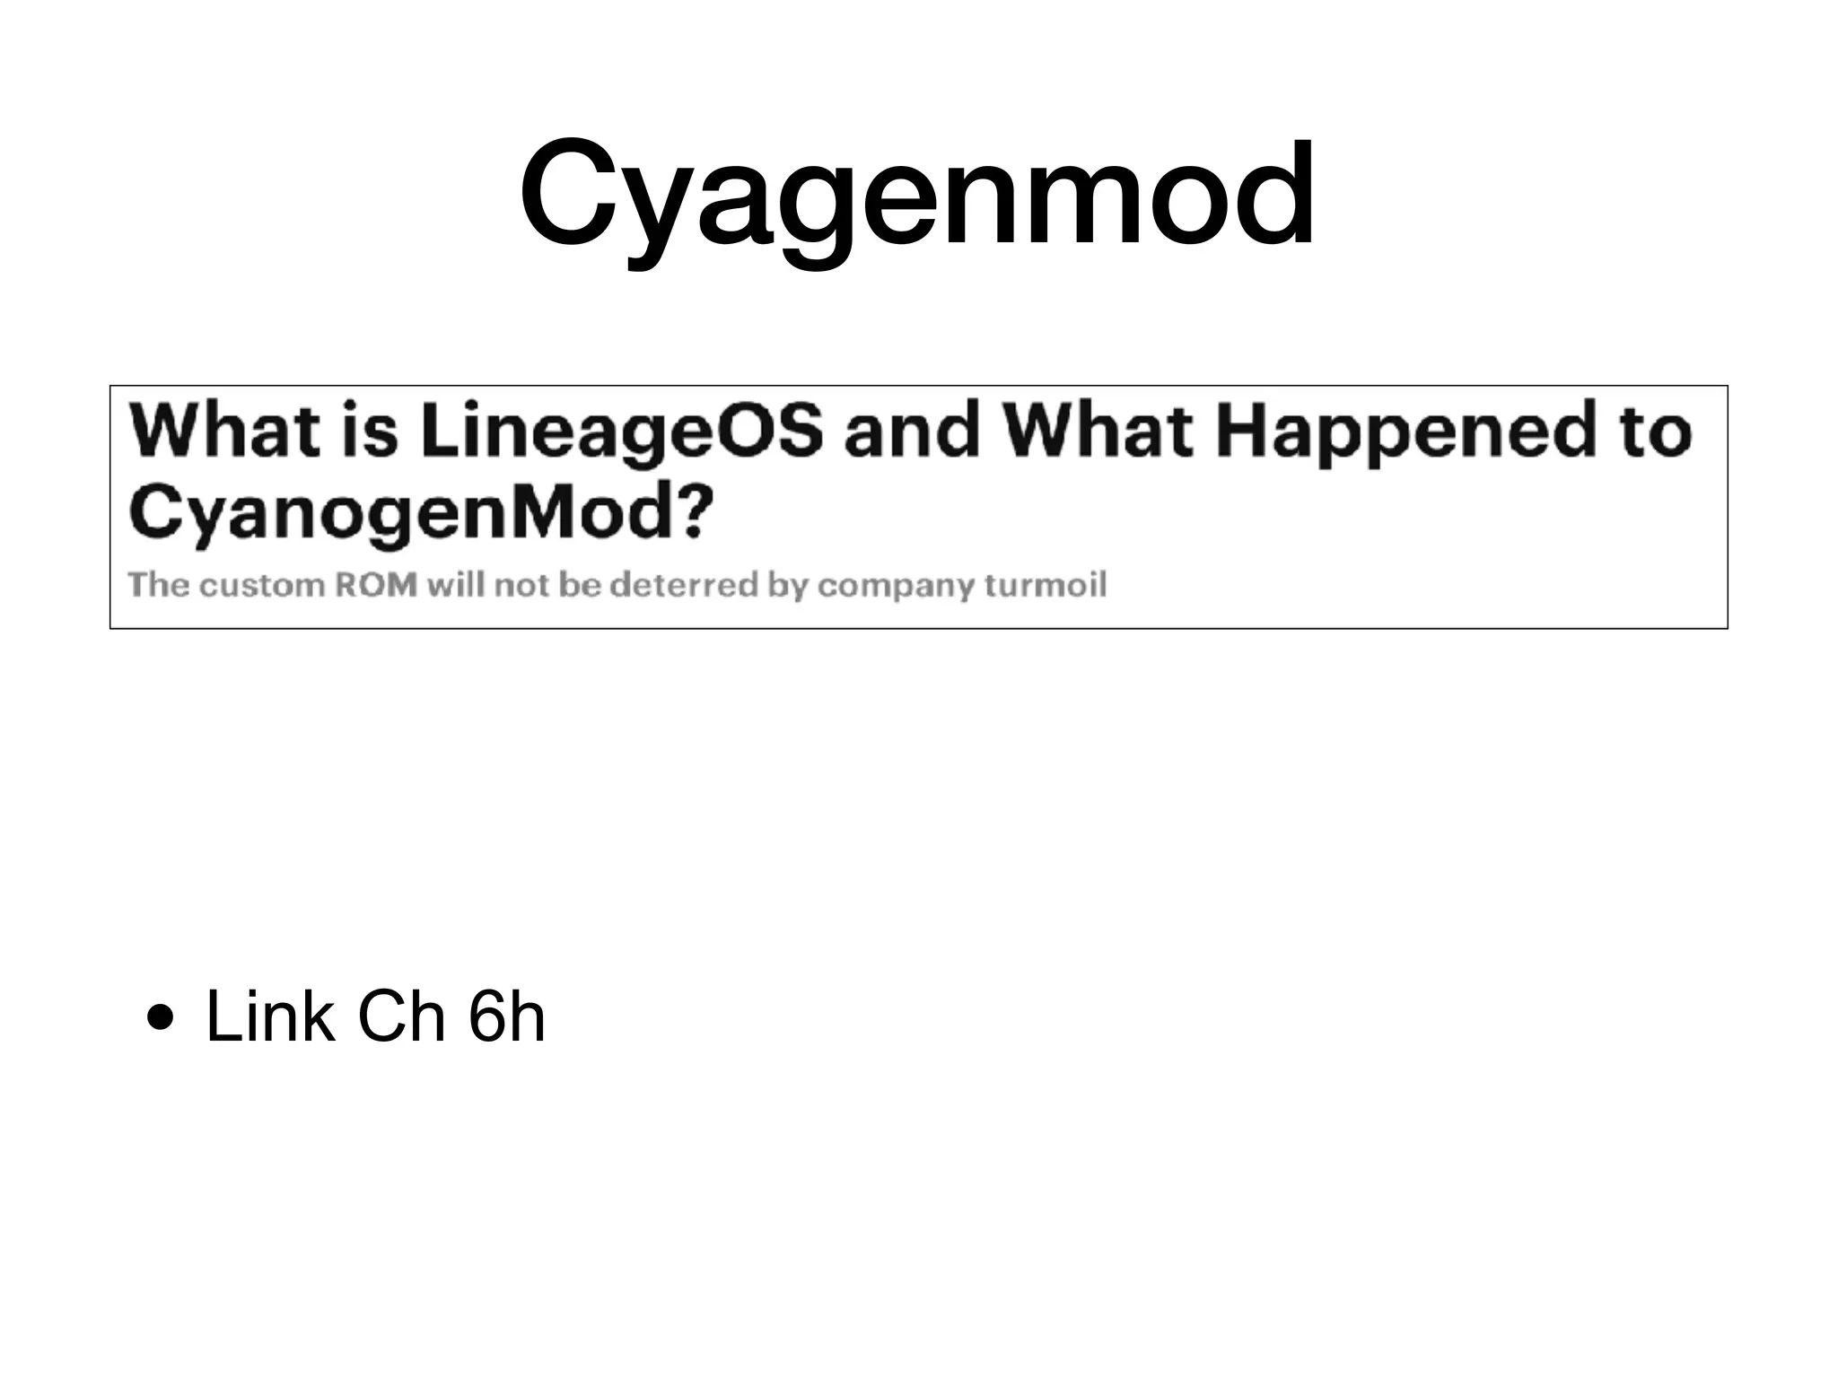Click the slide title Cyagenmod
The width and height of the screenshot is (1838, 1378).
(x=917, y=195)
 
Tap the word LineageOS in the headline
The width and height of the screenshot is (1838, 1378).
(x=621, y=432)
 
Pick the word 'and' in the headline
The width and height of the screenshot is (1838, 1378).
(x=911, y=431)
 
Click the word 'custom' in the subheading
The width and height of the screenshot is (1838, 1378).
(x=261, y=585)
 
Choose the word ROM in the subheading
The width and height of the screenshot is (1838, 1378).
(x=376, y=585)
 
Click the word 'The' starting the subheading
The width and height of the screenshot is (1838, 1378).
(x=158, y=585)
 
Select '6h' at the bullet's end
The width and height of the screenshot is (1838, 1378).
(x=506, y=1017)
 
